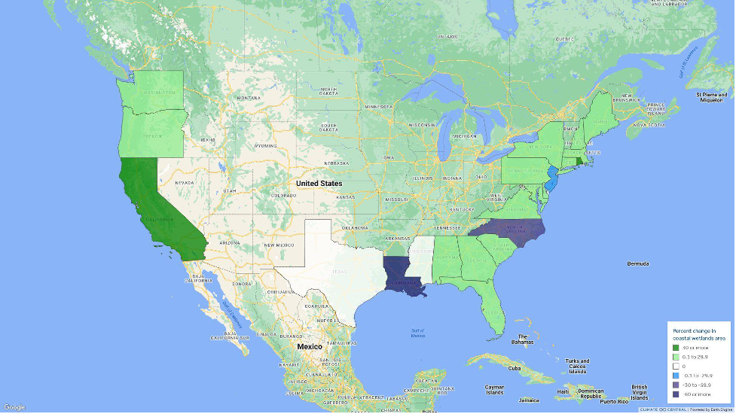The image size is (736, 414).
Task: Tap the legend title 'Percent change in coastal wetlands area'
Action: (697, 333)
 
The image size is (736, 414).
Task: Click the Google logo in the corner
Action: (14, 407)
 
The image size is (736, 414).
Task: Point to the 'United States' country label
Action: (319, 184)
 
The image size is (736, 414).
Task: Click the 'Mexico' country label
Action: (309, 346)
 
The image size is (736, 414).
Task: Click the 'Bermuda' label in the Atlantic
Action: (639, 264)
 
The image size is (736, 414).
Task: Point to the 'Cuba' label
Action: (515, 369)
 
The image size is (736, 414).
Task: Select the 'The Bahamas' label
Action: (522, 340)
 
